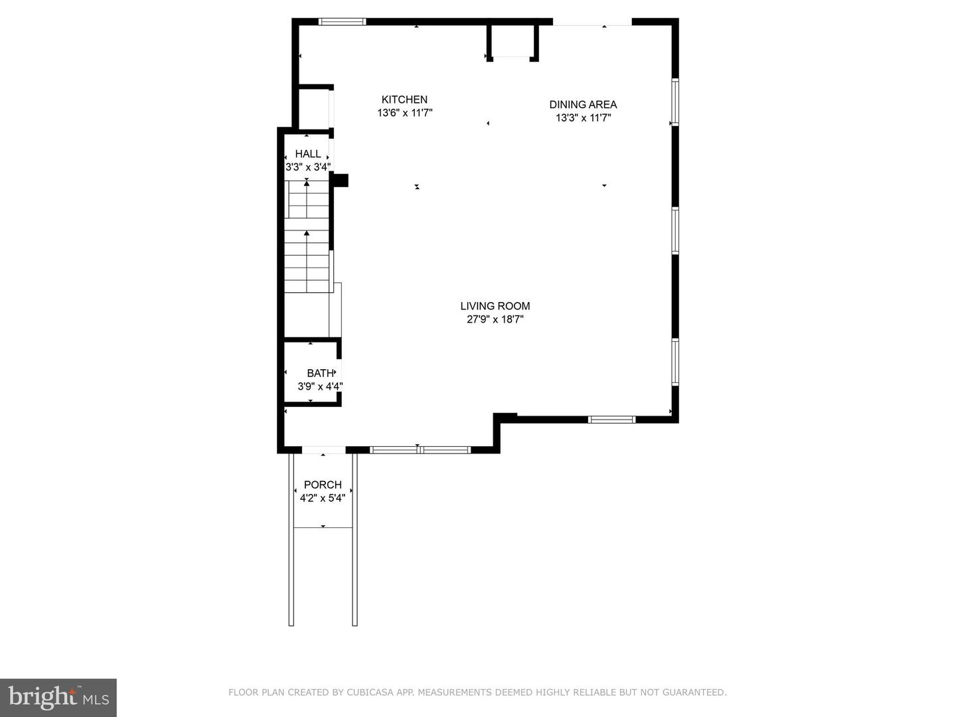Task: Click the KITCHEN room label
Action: (404, 100)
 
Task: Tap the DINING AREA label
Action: (583, 104)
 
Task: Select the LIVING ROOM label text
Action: (495, 306)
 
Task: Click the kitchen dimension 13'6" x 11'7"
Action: (405, 114)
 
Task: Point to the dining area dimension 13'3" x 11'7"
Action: (583, 118)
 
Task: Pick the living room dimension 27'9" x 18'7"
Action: (495, 319)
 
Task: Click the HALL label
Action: (308, 154)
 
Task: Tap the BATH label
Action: (320, 373)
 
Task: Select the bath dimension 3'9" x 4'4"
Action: (320, 386)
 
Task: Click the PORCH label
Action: (323, 485)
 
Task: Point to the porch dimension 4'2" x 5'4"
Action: (323, 498)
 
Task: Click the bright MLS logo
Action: (58, 697)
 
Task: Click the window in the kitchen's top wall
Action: (343, 22)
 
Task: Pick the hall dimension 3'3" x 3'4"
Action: (308, 167)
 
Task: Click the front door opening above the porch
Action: (324, 450)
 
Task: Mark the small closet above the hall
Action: (313, 108)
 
